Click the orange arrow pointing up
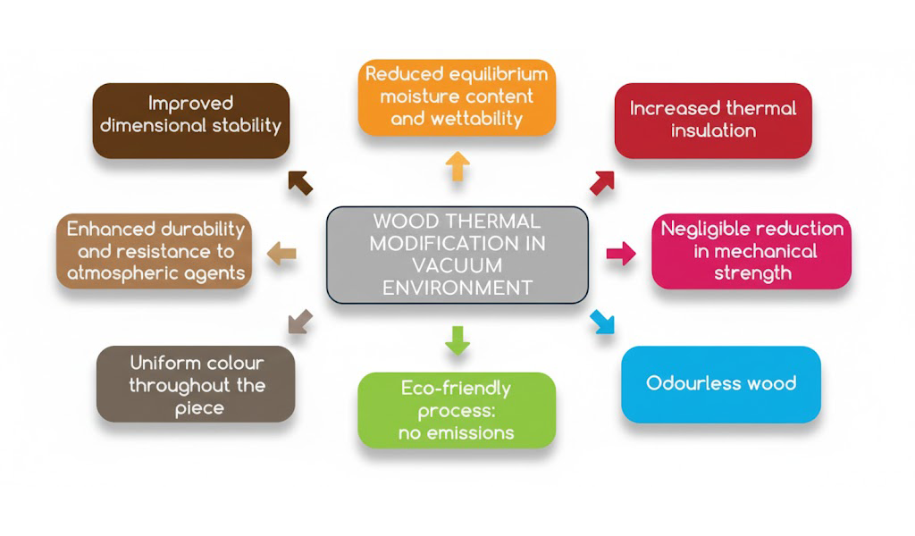[x=457, y=166]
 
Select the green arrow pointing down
[x=457, y=340]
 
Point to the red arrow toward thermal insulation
[x=603, y=181]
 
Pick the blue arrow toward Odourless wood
[x=603, y=321]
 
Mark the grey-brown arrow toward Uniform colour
[x=300, y=321]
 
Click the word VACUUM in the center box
[x=457, y=265]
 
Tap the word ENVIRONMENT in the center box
[x=457, y=288]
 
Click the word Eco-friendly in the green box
[x=456, y=389]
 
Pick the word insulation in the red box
[x=713, y=130]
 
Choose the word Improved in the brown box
[x=190, y=103]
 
